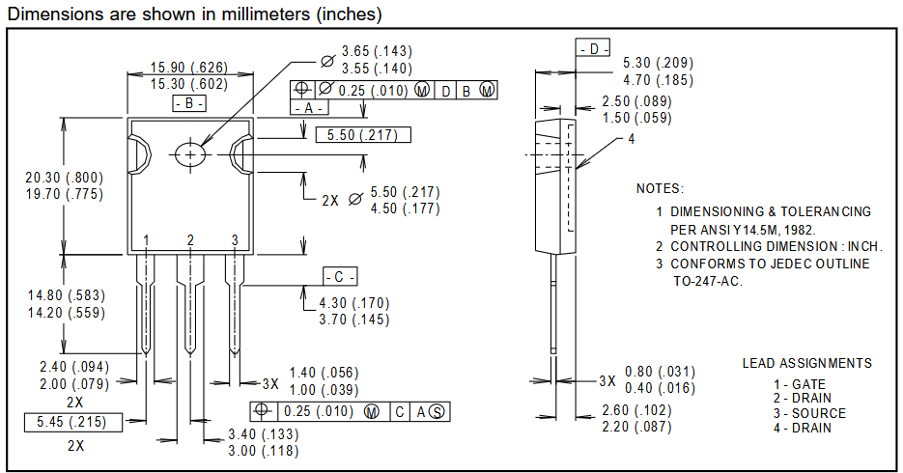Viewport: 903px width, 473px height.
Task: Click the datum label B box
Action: pos(189,103)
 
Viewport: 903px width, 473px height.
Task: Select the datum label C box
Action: pos(340,277)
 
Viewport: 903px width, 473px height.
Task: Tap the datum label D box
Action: pos(593,48)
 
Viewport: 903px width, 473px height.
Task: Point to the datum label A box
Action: pos(309,107)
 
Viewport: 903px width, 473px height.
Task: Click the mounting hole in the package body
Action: pos(190,154)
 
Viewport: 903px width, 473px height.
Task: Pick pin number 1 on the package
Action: pos(146,240)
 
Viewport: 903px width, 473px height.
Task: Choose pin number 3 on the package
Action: pos(235,240)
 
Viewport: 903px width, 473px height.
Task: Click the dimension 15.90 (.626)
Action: pos(189,68)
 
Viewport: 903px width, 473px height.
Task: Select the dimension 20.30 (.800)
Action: pos(65,178)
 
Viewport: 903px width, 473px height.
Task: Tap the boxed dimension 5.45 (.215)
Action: pos(73,423)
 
